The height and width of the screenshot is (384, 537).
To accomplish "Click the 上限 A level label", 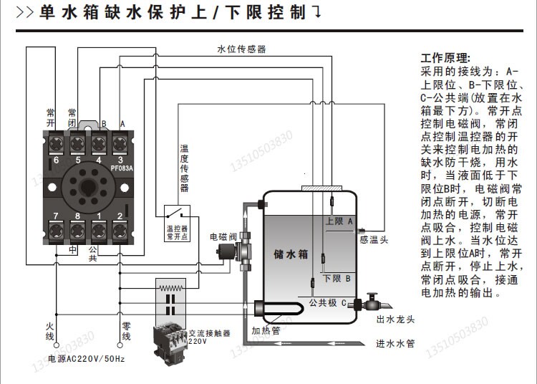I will (339, 222).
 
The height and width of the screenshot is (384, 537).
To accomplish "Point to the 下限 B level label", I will (337, 278).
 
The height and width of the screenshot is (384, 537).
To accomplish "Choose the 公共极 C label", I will (328, 303).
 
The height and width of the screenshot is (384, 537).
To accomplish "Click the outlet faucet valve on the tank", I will (371, 300).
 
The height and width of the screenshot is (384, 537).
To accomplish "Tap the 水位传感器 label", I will (241, 49).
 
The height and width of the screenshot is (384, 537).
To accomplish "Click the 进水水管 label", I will (395, 343).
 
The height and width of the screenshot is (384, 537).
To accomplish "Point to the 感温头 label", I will (374, 240).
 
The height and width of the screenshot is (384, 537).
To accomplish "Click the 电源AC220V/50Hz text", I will (86, 357).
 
